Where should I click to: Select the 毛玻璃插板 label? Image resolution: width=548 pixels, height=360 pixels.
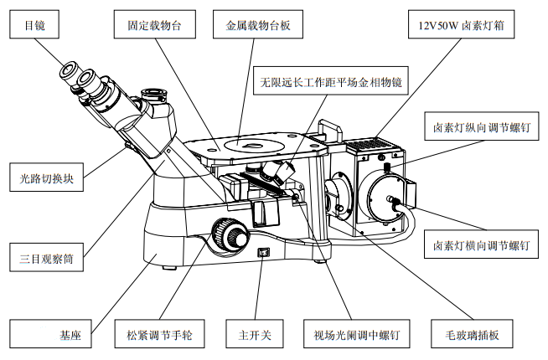click(x=473, y=334)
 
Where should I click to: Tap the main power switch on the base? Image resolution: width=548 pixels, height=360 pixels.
click(x=264, y=252)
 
